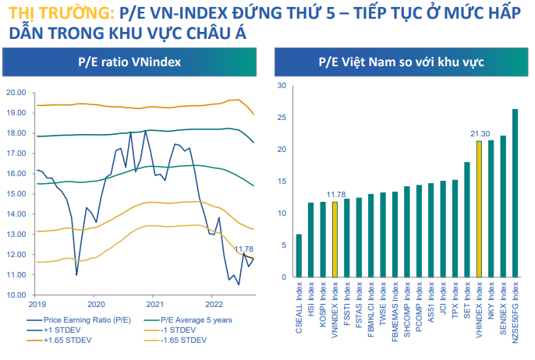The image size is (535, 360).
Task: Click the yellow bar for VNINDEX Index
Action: click(335, 240)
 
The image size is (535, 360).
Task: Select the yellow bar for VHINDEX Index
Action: click(478, 209)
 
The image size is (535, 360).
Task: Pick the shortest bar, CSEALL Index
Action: click(299, 256)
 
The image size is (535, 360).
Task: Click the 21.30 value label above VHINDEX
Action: click(479, 134)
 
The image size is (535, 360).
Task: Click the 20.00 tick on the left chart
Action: click(17, 93)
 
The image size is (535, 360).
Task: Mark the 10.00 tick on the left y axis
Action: click(17, 295)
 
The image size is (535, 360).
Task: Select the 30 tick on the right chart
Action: click(282, 86)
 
